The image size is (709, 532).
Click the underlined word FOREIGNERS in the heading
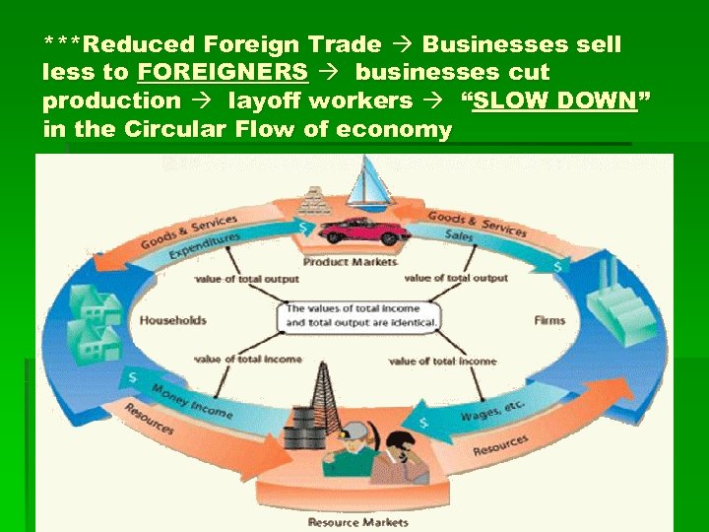tap(223, 73)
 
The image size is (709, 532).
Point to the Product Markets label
tap(351, 262)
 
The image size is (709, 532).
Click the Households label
tap(173, 319)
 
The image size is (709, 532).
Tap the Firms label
tap(549, 320)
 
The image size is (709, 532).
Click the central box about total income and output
tap(361, 316)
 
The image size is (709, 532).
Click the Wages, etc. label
tap(493, 410)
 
